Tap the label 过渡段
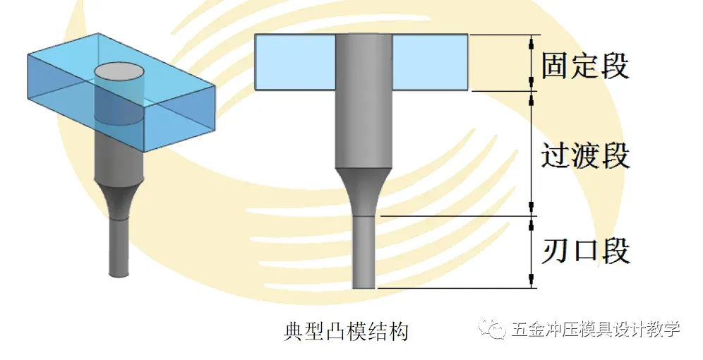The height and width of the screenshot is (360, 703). pos(585,156)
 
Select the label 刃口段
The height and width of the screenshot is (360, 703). pos(585,251)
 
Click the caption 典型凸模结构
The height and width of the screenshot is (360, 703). pos(346,331)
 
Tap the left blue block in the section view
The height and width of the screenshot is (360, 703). pos(294,63)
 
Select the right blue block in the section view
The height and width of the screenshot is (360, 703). pos(430,63)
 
